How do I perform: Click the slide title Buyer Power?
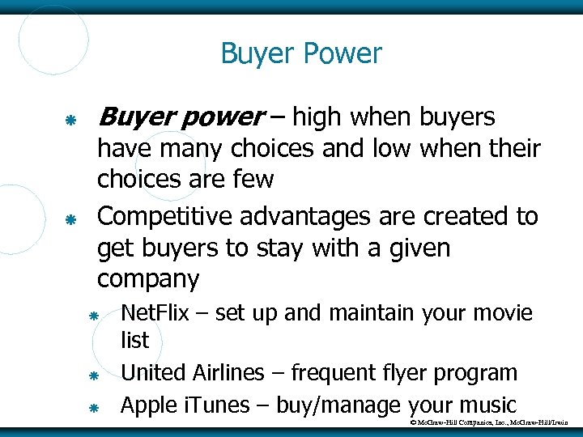point(300,54)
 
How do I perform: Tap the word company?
point(148,280)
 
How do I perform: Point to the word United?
point(154,373)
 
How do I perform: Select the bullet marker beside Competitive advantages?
point(70,218)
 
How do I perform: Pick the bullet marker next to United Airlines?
point(93,375)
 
